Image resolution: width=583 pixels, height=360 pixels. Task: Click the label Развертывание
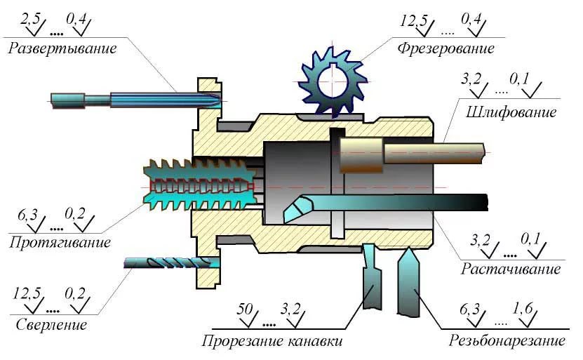click(62, 48)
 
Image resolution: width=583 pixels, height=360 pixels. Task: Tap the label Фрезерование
click(445, 48)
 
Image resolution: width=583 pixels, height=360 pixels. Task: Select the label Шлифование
click(510, 112)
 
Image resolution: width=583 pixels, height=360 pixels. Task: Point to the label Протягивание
click(60, 243)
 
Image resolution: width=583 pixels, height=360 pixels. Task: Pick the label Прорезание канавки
click(273, 342)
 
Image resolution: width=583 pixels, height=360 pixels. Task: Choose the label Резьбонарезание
click(507, 342)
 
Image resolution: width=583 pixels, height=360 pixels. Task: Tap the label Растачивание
click(511, 269)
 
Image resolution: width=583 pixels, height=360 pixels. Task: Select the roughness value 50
click(246, 309)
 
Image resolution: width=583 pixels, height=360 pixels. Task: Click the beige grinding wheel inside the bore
click(361, 152)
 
